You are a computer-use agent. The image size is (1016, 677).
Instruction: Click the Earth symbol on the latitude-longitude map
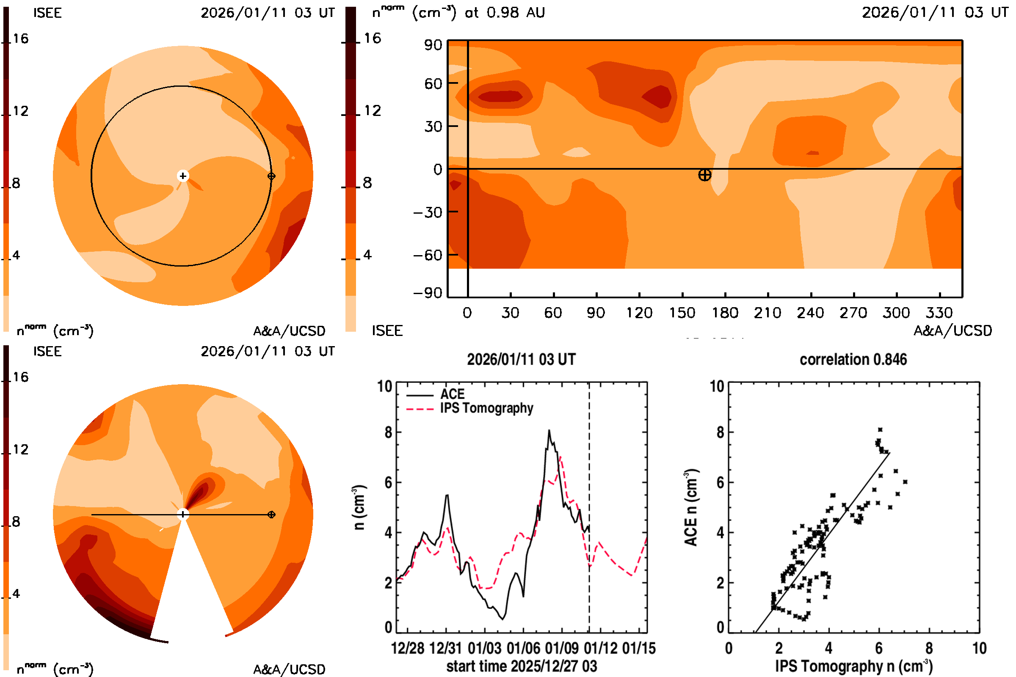pyautogui.click(x=704, y=175)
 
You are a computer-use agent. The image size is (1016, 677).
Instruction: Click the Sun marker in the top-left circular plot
pyautogui.click(x=183, y=176)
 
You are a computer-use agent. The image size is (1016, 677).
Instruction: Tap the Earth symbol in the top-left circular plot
pyautogui.click(x=271, y=176)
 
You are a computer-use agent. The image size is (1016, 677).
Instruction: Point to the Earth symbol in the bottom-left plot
pyautogui.click(x=271, y=515)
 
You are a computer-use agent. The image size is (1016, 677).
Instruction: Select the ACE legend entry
pyautogui.click(x=452, y=394)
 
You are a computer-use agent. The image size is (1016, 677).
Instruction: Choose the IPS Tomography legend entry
pyautogui.click(x=486, y=408)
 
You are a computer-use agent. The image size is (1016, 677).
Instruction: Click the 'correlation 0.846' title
pyautogui.click(x=853, y=360)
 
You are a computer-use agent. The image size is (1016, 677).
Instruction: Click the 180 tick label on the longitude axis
pyautogui.click(x=725, y=313)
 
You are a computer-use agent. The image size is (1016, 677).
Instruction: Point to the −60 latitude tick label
pyautogui.click(x=428, y=255)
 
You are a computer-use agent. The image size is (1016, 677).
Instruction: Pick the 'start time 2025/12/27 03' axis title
pyautogui.click(x=522, y=666)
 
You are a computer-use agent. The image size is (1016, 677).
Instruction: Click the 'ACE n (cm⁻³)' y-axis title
pyautogui.click(x=691, y=508)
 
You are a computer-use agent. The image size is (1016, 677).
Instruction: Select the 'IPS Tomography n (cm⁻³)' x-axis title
pyautogui.click(x=853, y=666)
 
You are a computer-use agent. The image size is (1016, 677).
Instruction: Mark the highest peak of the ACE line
pyautogui.click(x=549, y=430)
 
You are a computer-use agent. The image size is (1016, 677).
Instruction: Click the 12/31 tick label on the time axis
pyautogui.click(x=446, y=648)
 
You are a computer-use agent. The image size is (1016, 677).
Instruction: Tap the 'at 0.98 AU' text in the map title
pyautogui.click(x=505, y=13)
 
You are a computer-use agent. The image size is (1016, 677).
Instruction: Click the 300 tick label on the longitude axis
pyautogui.click(x=896, y=313)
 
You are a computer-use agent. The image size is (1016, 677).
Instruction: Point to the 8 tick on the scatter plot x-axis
pyautogui.click(x=929, y=648)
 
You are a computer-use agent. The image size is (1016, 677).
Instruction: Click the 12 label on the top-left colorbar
pyautogui.click(x=20, y=111)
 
